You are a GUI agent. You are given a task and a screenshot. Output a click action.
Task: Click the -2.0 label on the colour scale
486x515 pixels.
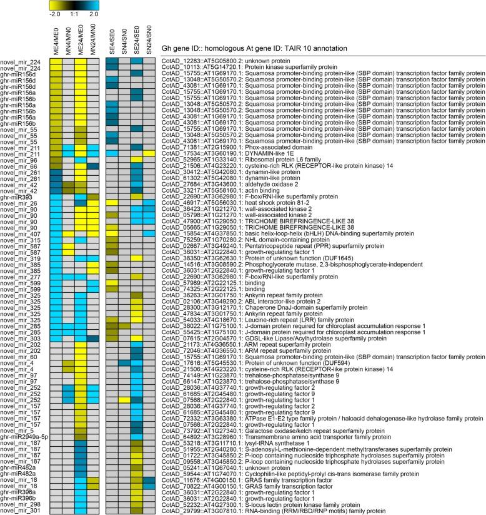click(x=55, y=12)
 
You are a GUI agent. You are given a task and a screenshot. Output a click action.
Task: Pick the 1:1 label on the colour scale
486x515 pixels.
click(x=74, y=12)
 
